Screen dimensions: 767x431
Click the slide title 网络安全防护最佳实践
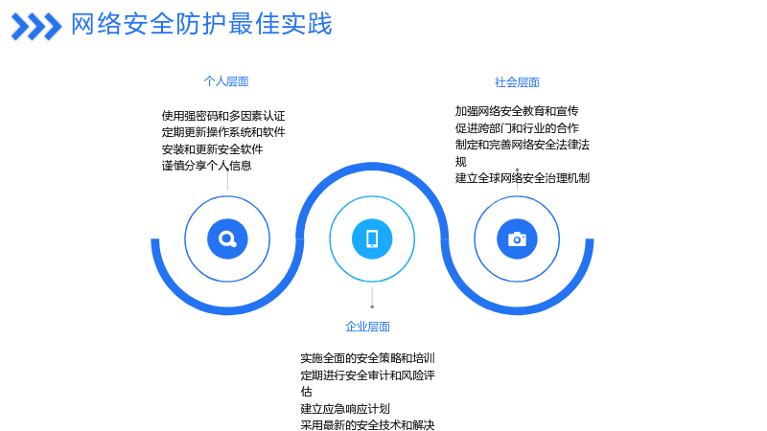coord(201,24)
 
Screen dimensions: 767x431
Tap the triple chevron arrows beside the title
coord(36,27)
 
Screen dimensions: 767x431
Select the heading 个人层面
coord(226,81)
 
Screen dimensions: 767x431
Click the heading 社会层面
coord(517,82)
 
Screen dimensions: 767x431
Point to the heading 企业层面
coord(367,327)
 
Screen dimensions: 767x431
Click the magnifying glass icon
coord(227,238)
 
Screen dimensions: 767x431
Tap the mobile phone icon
coord(372,238)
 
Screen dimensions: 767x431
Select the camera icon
coord(517,238)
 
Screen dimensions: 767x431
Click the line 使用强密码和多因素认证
coord(223,116)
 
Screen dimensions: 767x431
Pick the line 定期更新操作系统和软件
coord(223,132)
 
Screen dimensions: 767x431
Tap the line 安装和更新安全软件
coord(212,149)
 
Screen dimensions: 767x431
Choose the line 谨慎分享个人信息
coord(206,166)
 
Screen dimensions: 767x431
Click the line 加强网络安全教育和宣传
coord(517,111)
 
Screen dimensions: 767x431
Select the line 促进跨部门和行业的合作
coord(517,128)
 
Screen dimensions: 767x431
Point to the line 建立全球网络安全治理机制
coord(522,178)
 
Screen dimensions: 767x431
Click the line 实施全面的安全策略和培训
coord(367,358)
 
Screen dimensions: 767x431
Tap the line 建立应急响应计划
coord(345,409)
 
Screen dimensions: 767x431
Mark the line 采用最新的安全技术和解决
coord(367,424)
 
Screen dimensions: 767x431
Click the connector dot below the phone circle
coord(372,306)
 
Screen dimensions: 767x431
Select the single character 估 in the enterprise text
coord(306,392)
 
